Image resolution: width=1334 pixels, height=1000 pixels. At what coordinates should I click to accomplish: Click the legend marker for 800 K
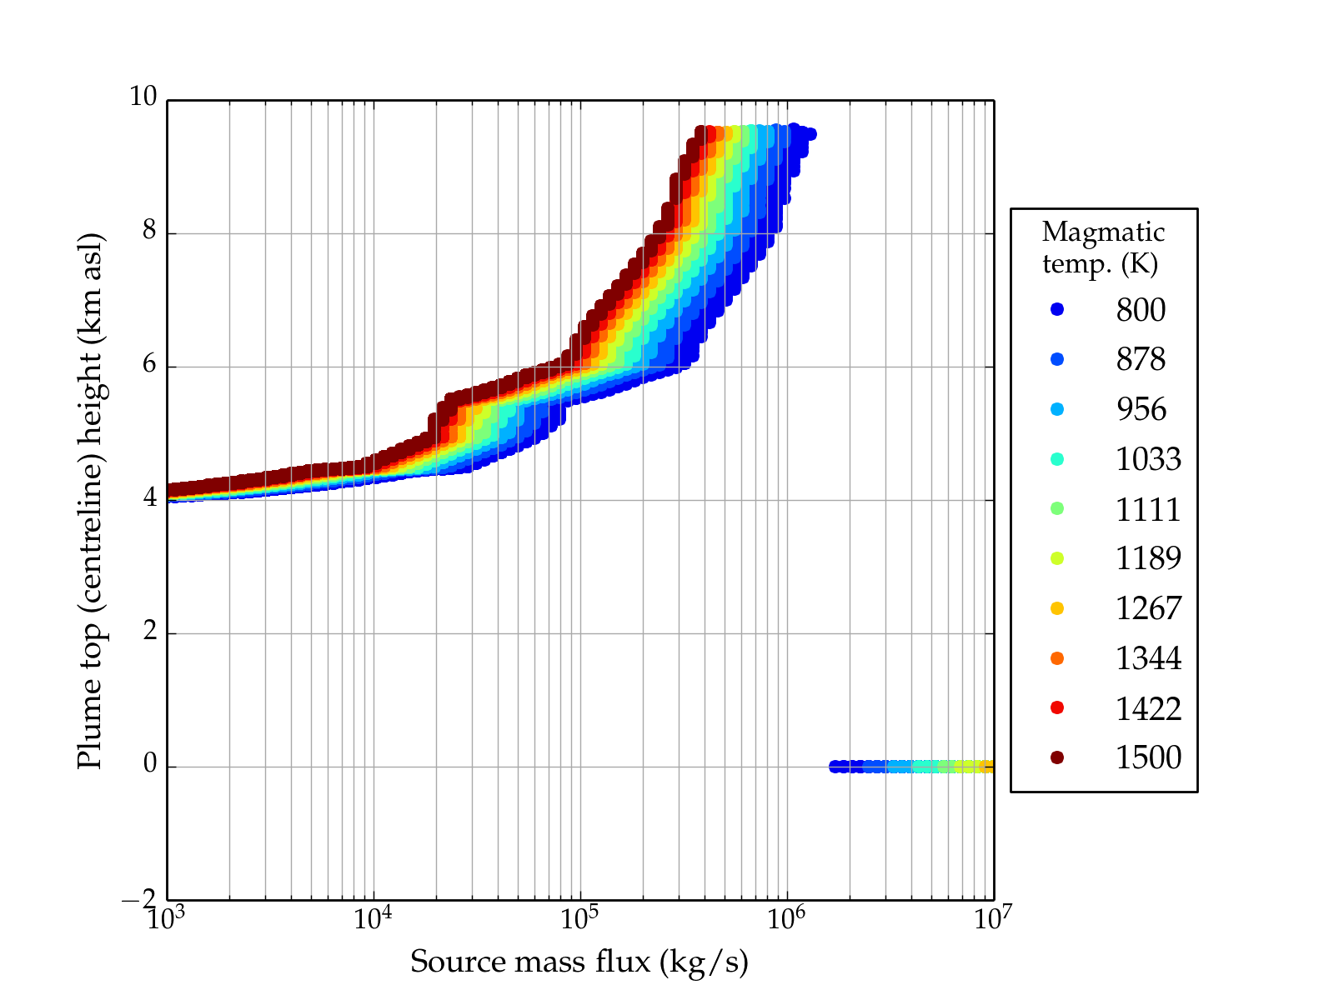[1057, 309]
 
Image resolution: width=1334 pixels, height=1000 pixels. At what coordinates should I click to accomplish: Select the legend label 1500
[1148, 757]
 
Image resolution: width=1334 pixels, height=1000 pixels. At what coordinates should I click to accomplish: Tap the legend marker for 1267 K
[1057, 608]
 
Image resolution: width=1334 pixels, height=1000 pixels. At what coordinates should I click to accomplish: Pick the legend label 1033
[1148, 459]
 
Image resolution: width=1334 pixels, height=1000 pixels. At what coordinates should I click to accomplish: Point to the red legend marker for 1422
[1057, 707]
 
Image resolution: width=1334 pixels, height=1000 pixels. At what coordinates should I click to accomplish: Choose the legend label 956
[1141, 409]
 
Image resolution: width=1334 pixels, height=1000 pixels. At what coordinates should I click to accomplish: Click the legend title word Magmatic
[1103, 232]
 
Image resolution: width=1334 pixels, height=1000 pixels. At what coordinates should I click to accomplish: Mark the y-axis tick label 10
[143, 97]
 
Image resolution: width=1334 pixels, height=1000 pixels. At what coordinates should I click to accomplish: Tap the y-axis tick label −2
[139, 900]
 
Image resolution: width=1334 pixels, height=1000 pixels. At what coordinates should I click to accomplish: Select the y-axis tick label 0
[149, 764]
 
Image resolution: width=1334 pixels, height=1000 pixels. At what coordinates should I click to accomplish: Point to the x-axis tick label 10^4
[373, 918]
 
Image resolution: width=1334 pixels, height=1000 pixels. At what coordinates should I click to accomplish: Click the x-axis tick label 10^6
[786, 918]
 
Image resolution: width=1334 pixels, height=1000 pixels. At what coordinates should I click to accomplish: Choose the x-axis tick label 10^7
[992, 918]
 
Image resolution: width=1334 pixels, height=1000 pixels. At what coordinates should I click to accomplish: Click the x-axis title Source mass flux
[579, 962]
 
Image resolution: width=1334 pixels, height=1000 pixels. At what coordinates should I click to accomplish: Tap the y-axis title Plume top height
[89, 500]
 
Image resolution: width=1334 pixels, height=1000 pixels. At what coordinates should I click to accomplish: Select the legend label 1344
[1148, 658]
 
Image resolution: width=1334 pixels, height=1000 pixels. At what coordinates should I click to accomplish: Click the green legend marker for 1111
[1057, 508]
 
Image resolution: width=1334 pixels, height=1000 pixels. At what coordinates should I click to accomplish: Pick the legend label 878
[1141, 359]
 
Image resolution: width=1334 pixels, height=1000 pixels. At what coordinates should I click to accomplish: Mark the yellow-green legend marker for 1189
[1057, 558]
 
